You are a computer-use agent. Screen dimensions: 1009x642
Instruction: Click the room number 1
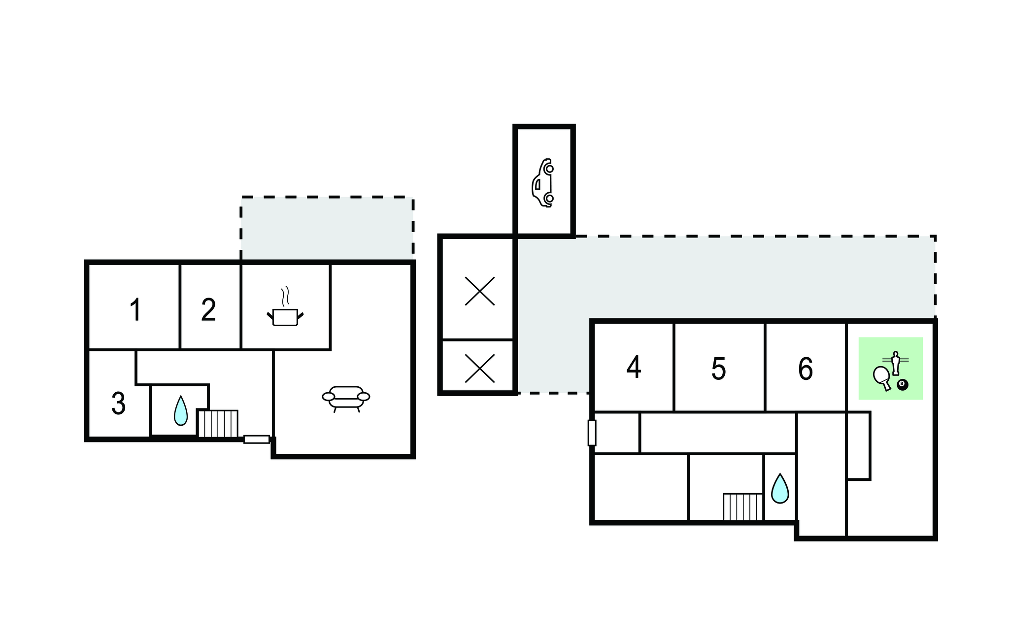[135, 309]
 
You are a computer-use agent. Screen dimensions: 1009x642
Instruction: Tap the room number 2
[208, 309]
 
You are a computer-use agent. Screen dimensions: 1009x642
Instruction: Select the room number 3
[118, 404]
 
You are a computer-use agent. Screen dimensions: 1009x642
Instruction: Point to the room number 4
[634, 368]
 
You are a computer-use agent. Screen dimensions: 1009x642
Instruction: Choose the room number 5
[719, 369]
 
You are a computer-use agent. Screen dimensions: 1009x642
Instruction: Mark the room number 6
[806, 369]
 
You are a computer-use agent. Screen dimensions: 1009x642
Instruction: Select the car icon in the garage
[543, 183]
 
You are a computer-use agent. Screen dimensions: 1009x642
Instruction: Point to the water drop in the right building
[780, 488]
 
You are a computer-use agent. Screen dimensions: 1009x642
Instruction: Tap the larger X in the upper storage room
[480, 291]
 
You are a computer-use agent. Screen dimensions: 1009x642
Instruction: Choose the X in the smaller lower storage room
[480, 369]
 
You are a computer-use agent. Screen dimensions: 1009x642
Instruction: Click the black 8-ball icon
[902, 385]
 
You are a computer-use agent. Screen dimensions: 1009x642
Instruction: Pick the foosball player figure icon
[895, 363]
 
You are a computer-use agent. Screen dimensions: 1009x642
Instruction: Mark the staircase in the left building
[218, 424]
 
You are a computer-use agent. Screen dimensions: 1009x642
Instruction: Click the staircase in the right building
[743, 507]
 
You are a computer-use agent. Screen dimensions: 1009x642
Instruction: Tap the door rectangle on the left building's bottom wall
[257, 439]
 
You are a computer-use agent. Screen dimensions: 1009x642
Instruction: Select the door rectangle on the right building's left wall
[592, 433]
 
